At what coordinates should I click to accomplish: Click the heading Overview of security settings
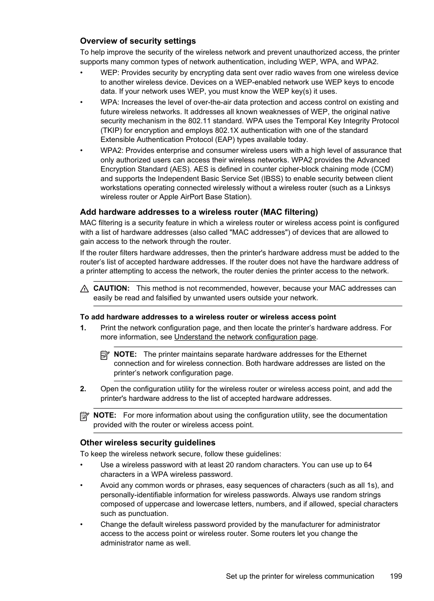138,41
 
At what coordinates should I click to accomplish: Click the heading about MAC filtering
199,212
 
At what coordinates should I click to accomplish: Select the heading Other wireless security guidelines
147,443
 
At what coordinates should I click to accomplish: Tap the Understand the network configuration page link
245,337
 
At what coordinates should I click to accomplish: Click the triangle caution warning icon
84,289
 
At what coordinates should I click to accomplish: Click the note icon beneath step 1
105,355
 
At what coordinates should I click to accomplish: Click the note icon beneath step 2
84,416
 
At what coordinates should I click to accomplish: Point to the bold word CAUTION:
111,288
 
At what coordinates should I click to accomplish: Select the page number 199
396,576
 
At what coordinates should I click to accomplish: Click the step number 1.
83,328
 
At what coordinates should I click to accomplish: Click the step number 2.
83,389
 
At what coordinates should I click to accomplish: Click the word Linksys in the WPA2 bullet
378,188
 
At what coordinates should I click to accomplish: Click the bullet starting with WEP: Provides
249,73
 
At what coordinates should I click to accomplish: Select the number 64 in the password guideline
368,465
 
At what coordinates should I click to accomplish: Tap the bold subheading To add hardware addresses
208,317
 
